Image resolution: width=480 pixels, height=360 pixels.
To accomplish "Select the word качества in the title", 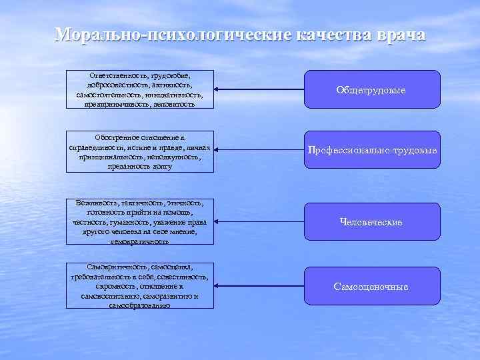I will [327, 35].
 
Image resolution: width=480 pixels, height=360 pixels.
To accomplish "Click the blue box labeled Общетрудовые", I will [371, 89].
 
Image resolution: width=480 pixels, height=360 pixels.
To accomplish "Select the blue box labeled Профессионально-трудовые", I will [371, 150].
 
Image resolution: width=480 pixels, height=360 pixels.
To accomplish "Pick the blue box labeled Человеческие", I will [371, 222].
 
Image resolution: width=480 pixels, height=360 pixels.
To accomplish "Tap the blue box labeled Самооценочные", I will [371, 286].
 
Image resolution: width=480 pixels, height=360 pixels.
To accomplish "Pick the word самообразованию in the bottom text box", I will [140, 305].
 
